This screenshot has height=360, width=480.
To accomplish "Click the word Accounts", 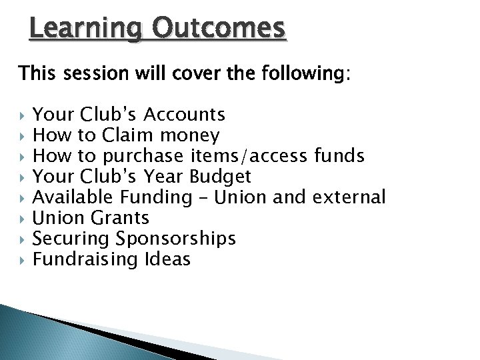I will (x=185, y=115).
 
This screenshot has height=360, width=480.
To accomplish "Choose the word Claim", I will (x=127, y=135).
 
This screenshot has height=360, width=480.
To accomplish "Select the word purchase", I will (x=143, y=157).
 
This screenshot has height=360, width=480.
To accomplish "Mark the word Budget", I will (x=221, y=177).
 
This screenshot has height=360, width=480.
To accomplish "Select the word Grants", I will (x=118, y=217).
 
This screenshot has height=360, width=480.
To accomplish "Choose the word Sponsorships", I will (x=175, y=239).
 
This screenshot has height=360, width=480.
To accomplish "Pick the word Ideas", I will (x=167, y=259).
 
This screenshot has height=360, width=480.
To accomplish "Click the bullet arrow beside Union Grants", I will (x=23, y=218).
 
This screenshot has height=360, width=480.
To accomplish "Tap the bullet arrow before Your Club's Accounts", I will (x=23, y=115).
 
